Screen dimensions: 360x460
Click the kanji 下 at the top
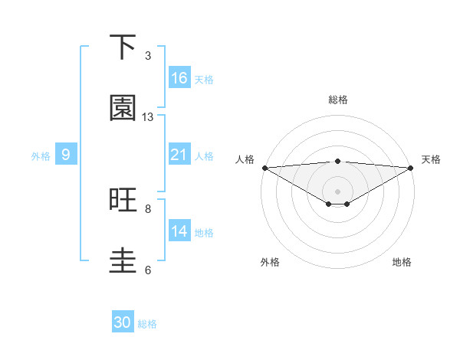tap(123, 48)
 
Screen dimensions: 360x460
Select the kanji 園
tap(123, 109)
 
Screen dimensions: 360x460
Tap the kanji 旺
tap(123, 201)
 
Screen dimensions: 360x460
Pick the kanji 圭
tap(123, 261)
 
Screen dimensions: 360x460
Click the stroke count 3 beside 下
tap(148, 56)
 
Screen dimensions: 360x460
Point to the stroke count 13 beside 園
tap(148, 117)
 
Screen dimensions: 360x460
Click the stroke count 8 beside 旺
tap(148, 208)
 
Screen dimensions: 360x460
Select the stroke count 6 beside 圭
tap(148, 270)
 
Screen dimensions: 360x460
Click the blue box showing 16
tap(179, 78)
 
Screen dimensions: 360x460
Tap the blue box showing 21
tap(179, 155)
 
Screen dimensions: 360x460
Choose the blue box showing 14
tap(179, 231)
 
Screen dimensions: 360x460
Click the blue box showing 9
tap(66, 155)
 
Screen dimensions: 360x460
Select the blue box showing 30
tap(123, 322)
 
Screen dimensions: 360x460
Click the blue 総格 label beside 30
tap(147, 324)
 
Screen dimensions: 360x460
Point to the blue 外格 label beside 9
tap(41, 156)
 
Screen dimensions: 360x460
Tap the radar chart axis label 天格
tap(432, 159)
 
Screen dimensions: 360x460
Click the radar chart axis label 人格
tap(245, 159)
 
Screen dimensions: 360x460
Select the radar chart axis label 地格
tap(402, 262)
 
